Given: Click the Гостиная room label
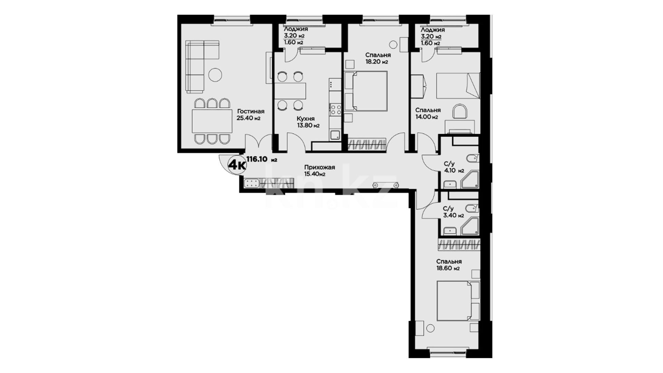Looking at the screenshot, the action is point(250,111).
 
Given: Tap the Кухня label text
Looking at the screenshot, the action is point(306,119).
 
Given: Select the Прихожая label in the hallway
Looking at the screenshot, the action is point(319,168).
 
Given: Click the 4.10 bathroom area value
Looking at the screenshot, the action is point(450,171).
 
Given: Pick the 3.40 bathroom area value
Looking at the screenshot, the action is point(449,216).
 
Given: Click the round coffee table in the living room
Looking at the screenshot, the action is point(215,75).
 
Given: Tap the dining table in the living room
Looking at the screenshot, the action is point(212,121).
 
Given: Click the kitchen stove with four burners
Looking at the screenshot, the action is point(336,109).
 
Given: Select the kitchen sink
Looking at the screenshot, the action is point(335,135).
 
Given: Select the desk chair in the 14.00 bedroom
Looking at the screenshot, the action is point(460,112).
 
